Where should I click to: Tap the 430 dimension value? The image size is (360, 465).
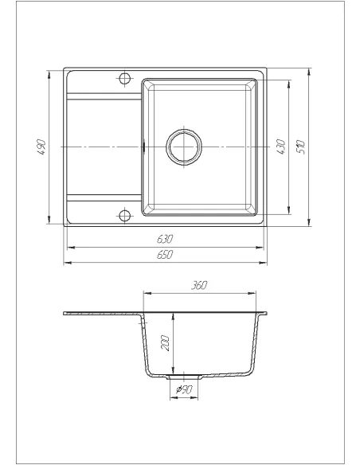[281, 147]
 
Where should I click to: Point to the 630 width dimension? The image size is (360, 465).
[165, 238]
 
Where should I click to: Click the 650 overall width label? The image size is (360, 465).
[165, 254]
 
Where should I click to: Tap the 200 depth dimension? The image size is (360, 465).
[165, 342]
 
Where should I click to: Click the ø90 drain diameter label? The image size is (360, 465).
[184, 389]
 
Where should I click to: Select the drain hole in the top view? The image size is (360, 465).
[185, 147]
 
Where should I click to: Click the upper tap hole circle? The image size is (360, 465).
[124, 78]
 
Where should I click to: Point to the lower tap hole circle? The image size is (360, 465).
[124, 216]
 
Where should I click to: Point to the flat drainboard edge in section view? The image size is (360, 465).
[102, 314]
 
